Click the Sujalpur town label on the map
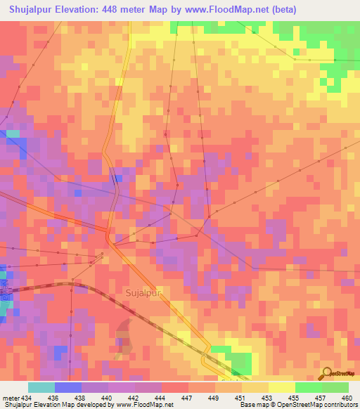pos(145,291)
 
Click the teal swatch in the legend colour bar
pos(41,387)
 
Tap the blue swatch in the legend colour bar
pos(68,387)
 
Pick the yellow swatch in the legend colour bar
pos(281,387)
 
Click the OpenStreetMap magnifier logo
pos(327,373)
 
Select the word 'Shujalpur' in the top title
pos(32,10)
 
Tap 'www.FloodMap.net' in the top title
pos(219,10)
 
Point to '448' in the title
pos(123,10)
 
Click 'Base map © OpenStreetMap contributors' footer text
pos(298,405)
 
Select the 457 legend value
pos(321,397)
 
